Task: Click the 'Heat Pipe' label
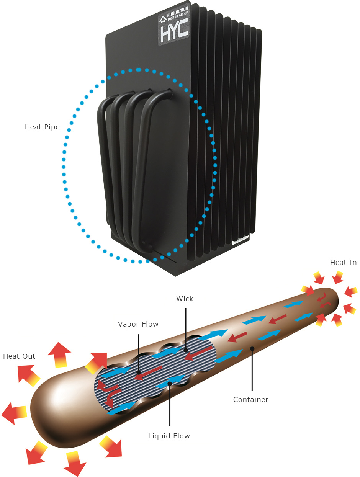(x=42, y=127)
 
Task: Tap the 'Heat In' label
(x=343, y=263)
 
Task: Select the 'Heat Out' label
(x=19, y=356)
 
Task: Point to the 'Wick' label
(x=185, y=299)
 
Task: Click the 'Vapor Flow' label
(x=138, y=324)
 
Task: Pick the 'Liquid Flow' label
(x=169, y=436)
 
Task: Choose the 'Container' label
(x=251, y=400)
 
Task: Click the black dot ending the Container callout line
(x=252, y=348)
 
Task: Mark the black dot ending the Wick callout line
(x=185, y=350)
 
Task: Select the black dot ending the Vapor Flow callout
(x=138, y=371)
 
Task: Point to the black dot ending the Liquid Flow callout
(x=169, y=383)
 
